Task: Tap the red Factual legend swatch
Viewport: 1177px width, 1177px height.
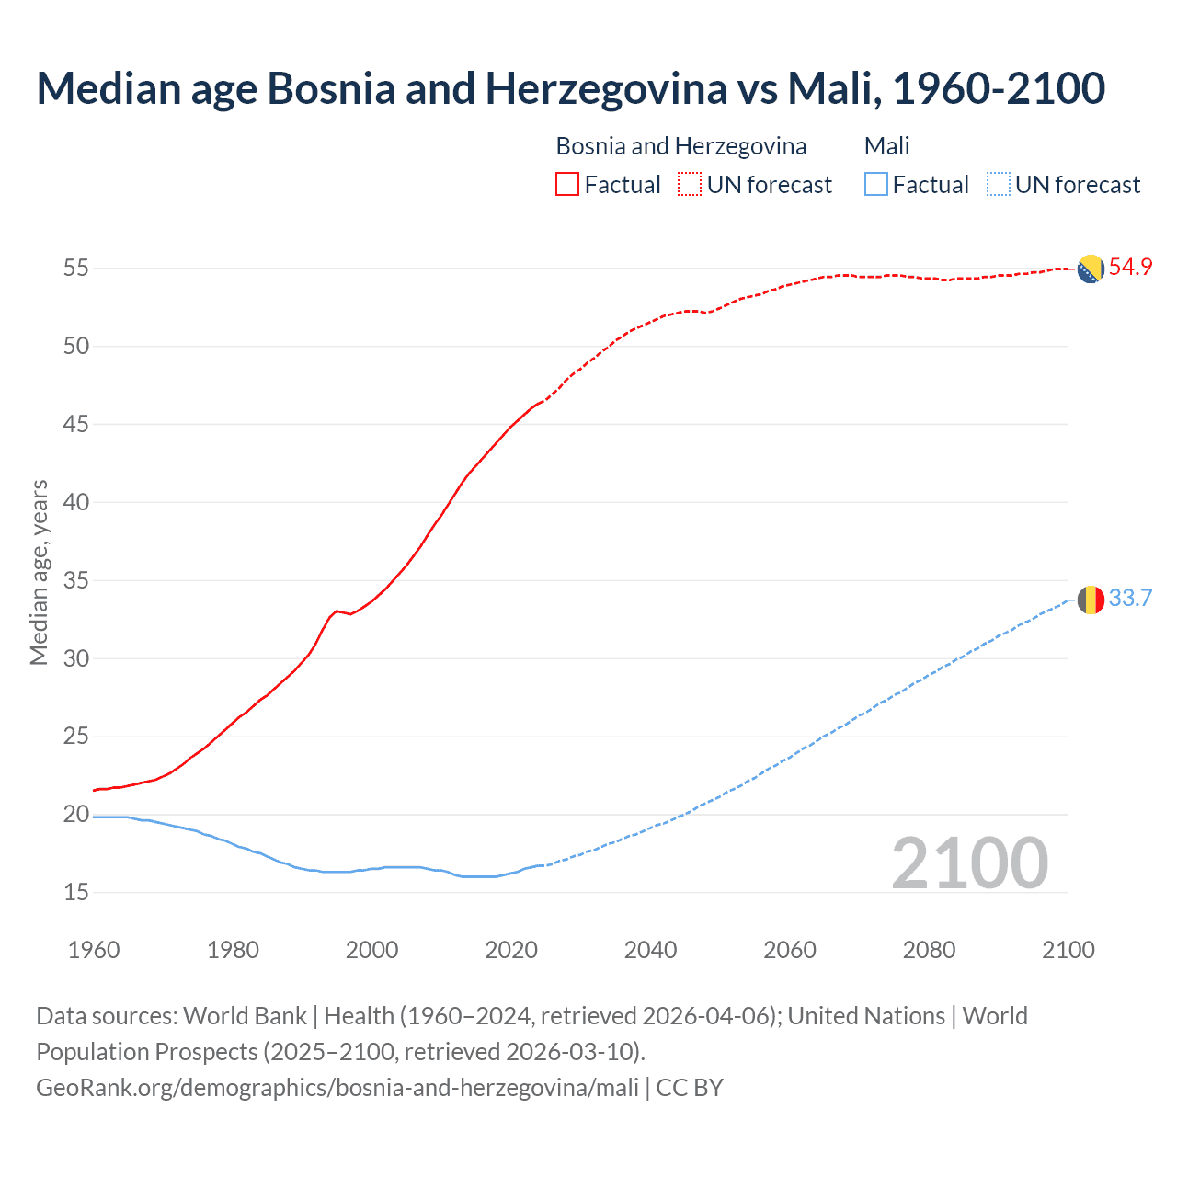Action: (567, 185)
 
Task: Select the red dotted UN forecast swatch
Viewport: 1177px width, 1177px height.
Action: (690, 185)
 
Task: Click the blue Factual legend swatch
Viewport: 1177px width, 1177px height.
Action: (876, 185)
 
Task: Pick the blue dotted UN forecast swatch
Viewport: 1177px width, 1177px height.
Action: (998, 185)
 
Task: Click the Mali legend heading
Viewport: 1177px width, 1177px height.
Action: (886, 146)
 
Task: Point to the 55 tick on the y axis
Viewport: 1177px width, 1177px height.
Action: (76, 269)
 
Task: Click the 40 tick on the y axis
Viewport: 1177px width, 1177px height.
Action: (76, 502)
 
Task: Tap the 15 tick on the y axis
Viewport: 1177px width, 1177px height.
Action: (76, 892)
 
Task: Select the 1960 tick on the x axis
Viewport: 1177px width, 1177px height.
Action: (94, 950)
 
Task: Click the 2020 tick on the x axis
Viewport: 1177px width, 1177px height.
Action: (511, 950)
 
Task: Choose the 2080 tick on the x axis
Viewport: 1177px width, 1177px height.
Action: (929, 950)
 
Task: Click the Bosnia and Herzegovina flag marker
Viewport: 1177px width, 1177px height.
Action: (1091, 269)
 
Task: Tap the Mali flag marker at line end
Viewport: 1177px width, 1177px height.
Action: (1091, 600)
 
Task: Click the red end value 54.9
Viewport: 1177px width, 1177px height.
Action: (1130, 268)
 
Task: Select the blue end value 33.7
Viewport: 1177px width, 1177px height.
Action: (1130, 599)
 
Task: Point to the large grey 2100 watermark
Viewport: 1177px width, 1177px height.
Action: (969, 863)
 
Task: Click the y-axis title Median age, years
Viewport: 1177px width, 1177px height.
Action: (39, 572)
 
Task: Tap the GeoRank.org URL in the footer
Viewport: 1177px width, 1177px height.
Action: (337, 1088)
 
